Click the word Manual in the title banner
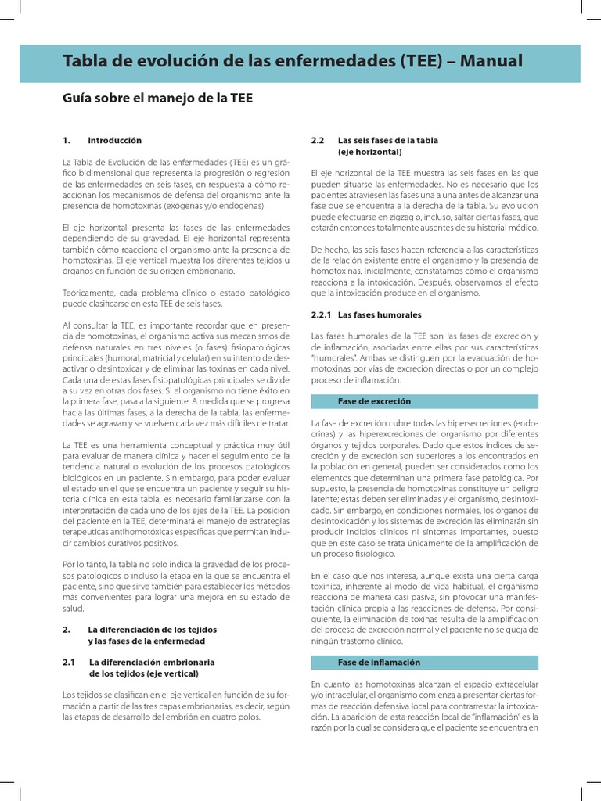pos(486,62)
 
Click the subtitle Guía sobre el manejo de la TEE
pos(157,99)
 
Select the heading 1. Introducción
pos(102,140)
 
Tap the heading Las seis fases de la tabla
pos(387,140)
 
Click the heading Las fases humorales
pos(380,315)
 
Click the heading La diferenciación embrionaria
pos(152,662)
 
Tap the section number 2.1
pos(69,662)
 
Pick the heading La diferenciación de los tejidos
pos(152,629)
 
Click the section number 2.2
pos(317,140)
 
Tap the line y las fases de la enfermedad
pos(146,641)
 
